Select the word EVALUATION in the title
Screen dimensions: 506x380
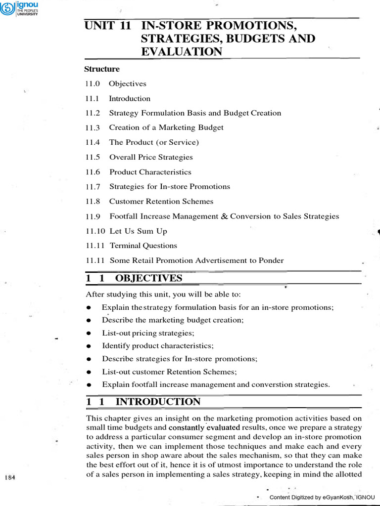[x=182, y=51]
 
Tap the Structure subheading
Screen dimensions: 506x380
[x=102, y=69]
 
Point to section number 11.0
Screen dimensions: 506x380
[x=92, y=84]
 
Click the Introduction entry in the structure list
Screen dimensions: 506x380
[x=130, y=98]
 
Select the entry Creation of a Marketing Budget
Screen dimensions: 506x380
[x=166, y=127]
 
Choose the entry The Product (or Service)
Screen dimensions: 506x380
[x=154, y=142]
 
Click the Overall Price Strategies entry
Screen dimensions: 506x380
[x=151, y=157]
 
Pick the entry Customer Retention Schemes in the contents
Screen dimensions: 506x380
[x=161, y=202]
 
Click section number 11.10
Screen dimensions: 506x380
[x=95, y=231]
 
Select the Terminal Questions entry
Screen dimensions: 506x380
[x=143, y=246]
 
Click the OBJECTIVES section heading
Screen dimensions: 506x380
[x=148, y=279]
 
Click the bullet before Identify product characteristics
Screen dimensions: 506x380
[x=88, y=346]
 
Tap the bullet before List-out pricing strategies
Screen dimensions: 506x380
[x=88, y=333]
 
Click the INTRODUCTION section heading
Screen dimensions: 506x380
[x=158, y=402]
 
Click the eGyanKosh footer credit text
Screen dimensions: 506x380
[x=322, y=497]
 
